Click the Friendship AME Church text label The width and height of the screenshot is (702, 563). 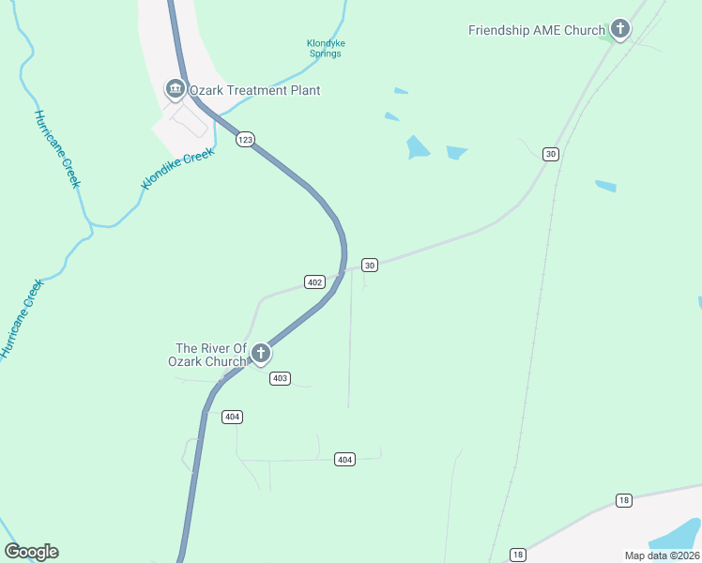click(537, 30)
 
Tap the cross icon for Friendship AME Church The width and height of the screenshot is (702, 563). click(619, 29)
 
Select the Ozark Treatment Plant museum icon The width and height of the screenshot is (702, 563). click(175, 89)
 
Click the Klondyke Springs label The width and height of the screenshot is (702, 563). click(326, 48)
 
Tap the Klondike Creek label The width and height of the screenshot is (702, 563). click(178, 168)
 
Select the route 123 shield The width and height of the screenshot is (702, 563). click(245, 139)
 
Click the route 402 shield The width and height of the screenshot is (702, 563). click(314, 281)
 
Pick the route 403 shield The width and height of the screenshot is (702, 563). click(280, 378)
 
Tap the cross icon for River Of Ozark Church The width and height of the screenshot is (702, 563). click(261, 354)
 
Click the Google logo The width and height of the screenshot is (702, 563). click(31, 552)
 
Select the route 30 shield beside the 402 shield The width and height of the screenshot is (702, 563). click(370, 266)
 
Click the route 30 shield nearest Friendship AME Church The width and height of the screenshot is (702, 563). click(551, 154)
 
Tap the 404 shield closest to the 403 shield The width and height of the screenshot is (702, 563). click(233, 417)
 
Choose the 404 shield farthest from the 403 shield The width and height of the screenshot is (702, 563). click(344, 459)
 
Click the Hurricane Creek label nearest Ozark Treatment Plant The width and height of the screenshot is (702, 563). click(57, 148)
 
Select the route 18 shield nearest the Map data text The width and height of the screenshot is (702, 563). click(623, 500)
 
